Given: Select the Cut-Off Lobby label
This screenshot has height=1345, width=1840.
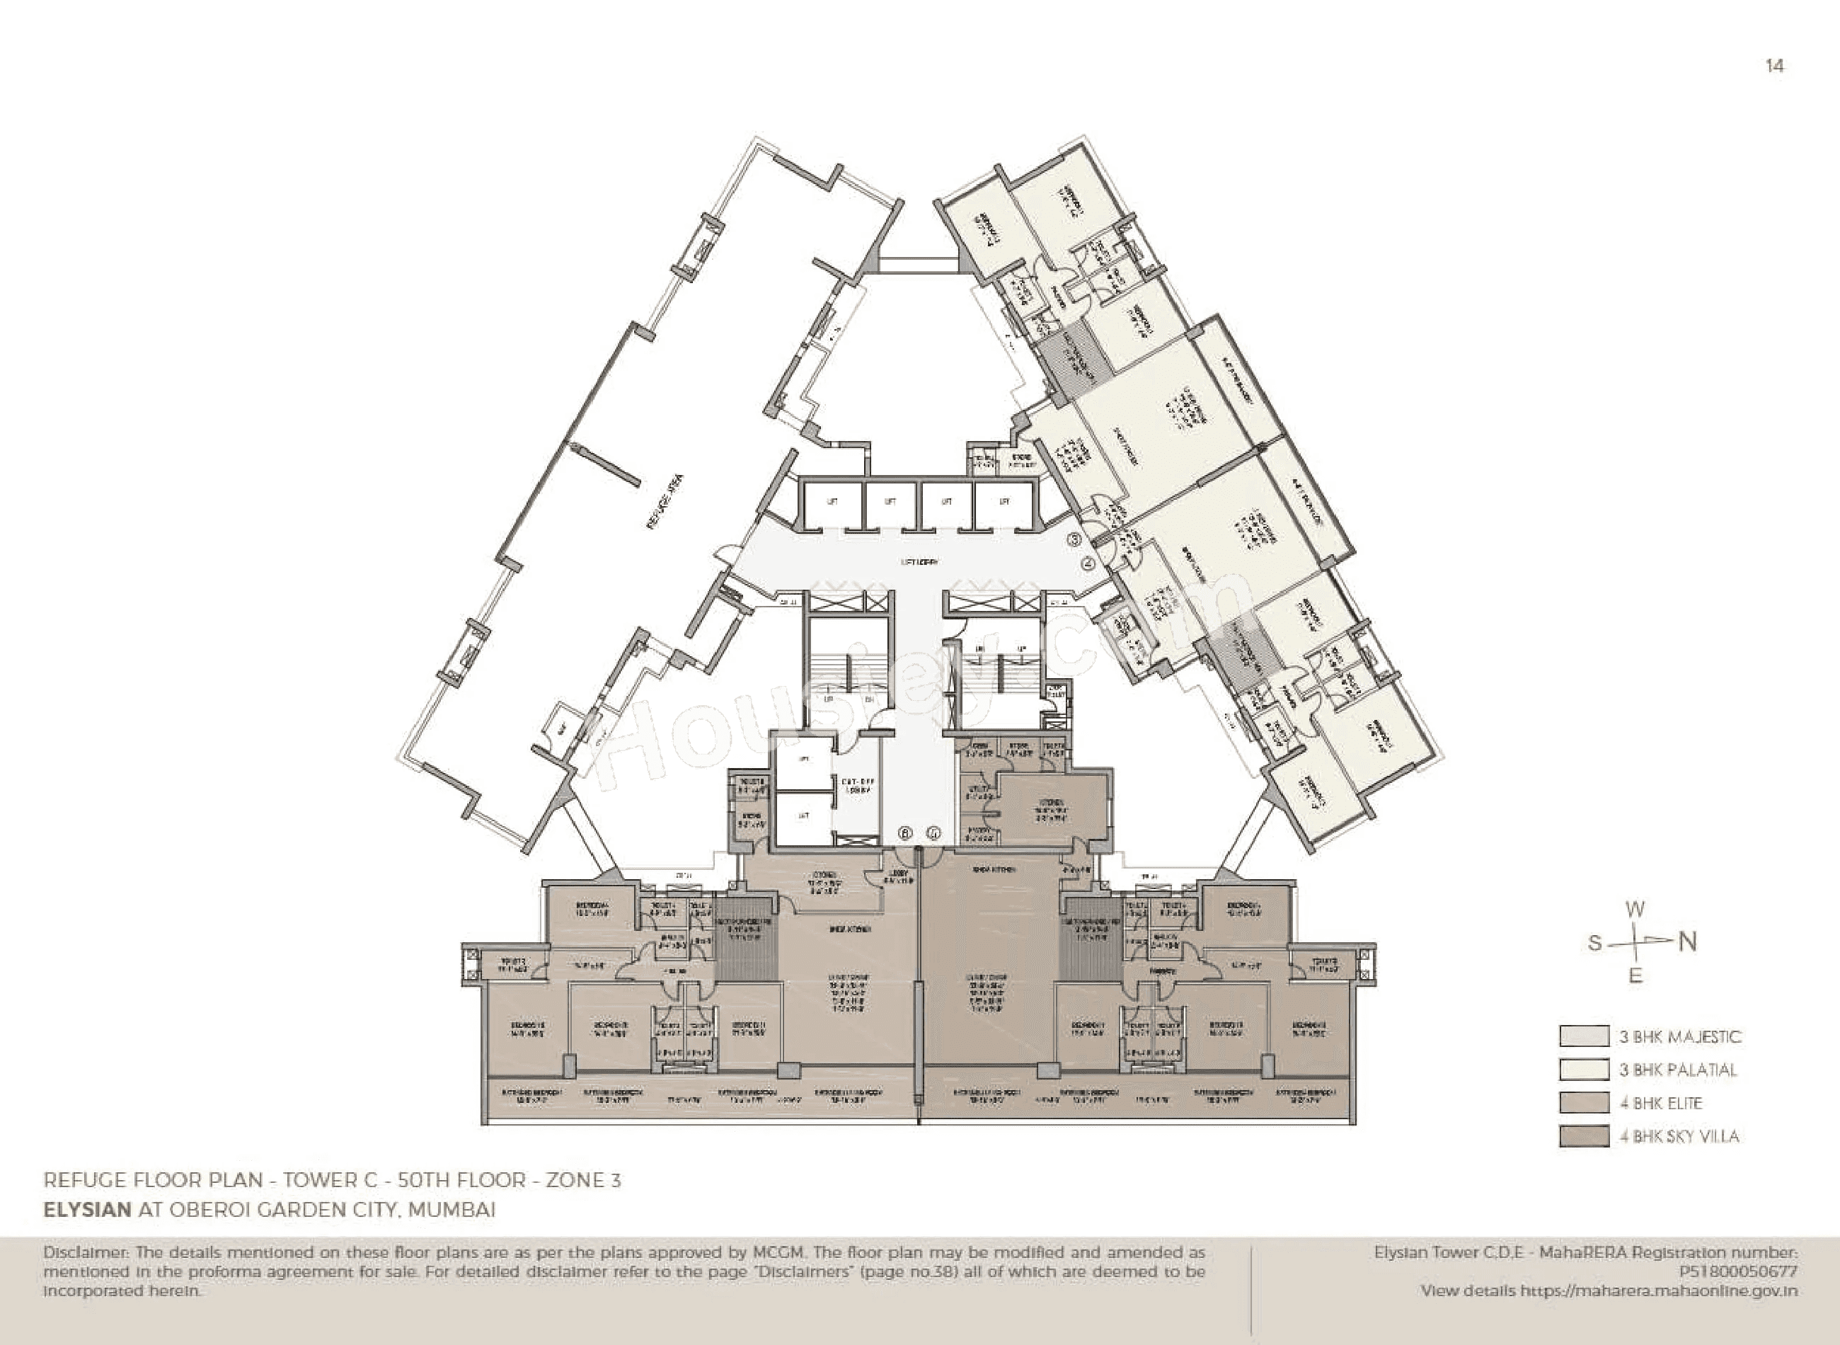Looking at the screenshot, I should tap(856, 785).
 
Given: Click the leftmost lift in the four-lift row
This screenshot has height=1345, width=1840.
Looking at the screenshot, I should tap(832, 503).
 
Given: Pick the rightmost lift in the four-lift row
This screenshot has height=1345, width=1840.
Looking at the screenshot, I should tap(1004, 503).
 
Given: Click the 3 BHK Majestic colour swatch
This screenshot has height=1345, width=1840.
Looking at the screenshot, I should tap(1584, 1036).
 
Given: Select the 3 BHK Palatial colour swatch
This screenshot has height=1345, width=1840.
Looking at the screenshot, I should tap(1584, 1069).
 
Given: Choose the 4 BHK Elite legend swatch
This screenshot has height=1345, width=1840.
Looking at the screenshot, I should tap(1584, 1102).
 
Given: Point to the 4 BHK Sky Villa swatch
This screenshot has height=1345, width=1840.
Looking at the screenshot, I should tap(1584, 1135).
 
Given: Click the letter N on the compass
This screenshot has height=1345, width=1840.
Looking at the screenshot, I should tap(1688, 942).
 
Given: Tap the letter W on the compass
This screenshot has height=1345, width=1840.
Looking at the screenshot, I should tap(1635, 910).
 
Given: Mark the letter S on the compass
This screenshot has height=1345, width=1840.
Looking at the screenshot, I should tap(1594, 944).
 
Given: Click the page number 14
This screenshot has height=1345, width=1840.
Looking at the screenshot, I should tap(1775, 66).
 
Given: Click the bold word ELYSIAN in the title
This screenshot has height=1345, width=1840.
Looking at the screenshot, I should tap(87, 1209).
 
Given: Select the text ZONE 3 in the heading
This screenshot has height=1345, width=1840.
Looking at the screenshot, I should tap(582, 1180).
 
